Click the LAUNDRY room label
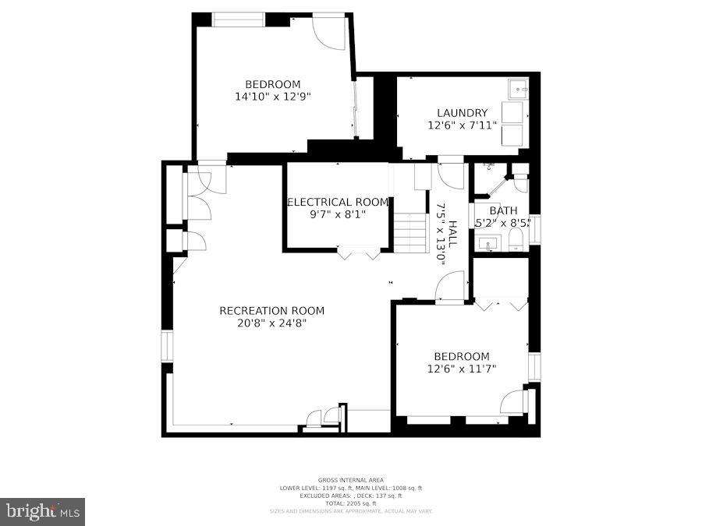tap(462, 112)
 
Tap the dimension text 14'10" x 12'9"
tap(272, 97)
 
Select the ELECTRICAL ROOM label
tap(338, 202)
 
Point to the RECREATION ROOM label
tap(271, 310)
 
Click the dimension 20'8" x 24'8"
tap(271, 323)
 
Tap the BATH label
tap(503, 210)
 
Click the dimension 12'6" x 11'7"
tap(462, 369)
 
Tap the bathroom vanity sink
tap(489, 243)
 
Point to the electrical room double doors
tap(358, 252)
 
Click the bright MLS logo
tap(43, 511)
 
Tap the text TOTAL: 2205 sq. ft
tap(350, 503)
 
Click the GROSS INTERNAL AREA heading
tap(350, 480)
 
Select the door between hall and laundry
tap(450, 173)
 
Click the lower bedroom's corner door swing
tap(514, 401)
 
